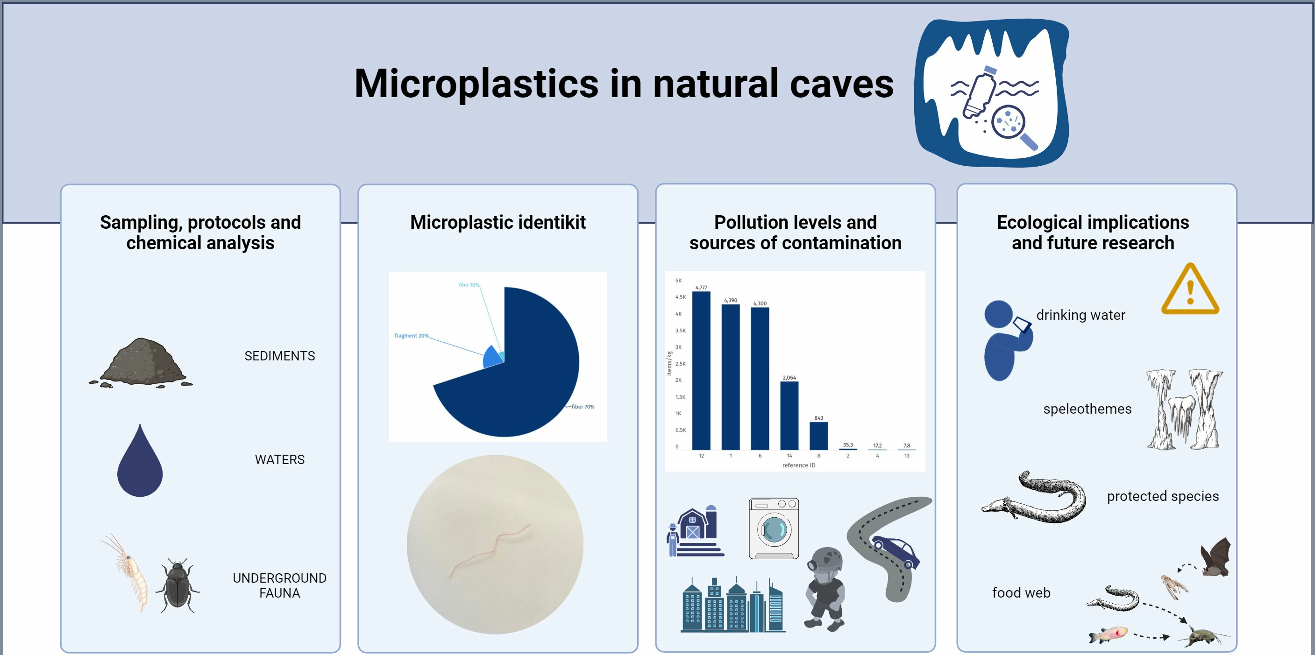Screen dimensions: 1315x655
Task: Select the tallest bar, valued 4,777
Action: pos(701,370)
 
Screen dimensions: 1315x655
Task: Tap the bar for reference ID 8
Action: pos(819,436)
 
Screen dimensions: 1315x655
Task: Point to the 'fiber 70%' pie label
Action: pos(583,407)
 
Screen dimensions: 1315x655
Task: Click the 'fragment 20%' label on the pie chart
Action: pos(412,336)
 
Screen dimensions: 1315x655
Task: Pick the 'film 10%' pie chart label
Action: pos(469,285)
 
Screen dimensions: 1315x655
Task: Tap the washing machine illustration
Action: pos(774,528)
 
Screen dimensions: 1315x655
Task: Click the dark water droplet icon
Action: pos(140,461)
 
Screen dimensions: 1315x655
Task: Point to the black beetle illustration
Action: pos(177,585)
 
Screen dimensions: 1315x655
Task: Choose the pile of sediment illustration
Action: pos(141,363)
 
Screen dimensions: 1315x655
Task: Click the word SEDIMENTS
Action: pos(280,356)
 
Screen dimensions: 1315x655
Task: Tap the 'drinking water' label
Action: pos(1080,315)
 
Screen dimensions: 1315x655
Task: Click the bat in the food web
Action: pos(1215,557)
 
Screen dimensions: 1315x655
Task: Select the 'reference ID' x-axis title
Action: pos(799,465)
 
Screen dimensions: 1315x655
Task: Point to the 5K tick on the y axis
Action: pos(678,281)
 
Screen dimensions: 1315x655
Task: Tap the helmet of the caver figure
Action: pos(825,561)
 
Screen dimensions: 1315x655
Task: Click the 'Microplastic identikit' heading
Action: pos(498,222)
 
